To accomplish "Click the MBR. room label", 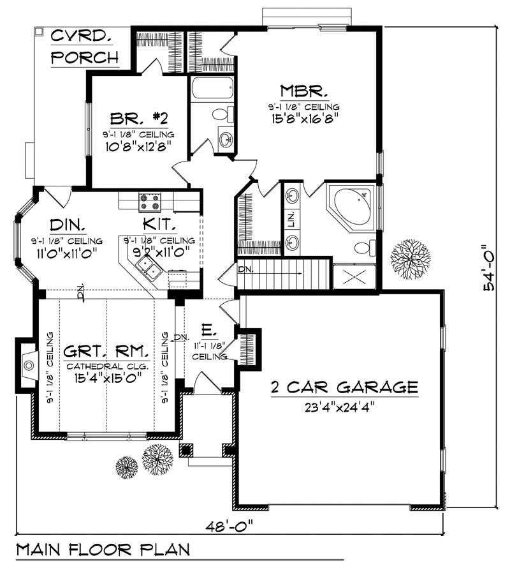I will tap(303, 90).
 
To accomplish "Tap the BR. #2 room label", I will tap(139, 118).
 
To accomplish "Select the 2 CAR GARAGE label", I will tap(344, 387).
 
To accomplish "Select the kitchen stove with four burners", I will tap(150, 202).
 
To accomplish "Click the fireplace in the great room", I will tap(27, 365).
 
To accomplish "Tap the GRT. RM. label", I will tap(106, 351).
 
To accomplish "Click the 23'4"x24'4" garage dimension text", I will tap(344, 407).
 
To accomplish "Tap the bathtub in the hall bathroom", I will tap(212, 88).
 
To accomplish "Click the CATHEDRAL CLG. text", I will tap(106, 366).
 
